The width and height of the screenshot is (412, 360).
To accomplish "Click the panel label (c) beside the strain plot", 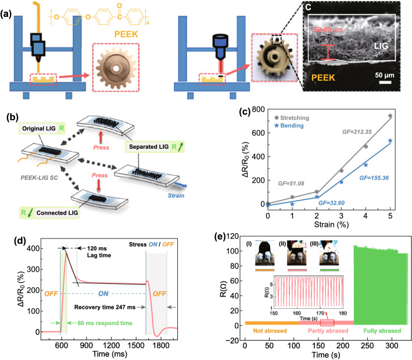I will tap(232, 111).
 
